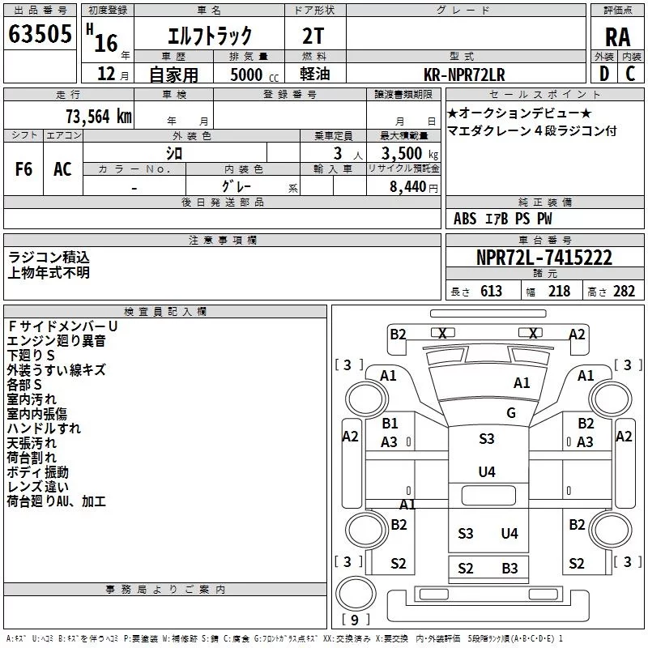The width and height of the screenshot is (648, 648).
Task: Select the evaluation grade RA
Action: tap(617, 37)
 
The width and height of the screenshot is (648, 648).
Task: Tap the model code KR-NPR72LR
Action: tap(464, 75)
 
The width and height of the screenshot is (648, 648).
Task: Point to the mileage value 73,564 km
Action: tap(98, 116)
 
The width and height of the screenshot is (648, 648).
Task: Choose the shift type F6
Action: tap(24, 169)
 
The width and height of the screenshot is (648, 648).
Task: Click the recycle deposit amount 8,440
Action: tap(413, 187)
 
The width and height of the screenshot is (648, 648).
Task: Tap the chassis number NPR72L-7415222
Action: tap(544, 258)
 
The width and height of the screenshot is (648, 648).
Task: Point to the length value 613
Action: tap(491, 292)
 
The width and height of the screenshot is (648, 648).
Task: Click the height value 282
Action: tap(624, 292)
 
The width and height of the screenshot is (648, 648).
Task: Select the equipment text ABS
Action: tap(465, 219)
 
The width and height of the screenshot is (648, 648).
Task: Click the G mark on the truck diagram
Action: tap(511, 413)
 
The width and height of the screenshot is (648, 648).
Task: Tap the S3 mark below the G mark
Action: tap(486, 438)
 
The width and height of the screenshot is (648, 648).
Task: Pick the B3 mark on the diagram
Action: tap(509, 569)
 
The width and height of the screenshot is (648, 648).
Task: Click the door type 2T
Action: tap(313, 36)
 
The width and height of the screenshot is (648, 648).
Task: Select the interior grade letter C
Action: tap(630, 75)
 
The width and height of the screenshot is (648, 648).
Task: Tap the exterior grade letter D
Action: tap(603, 75)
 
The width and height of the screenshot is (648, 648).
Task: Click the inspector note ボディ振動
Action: tap(38, 472)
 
